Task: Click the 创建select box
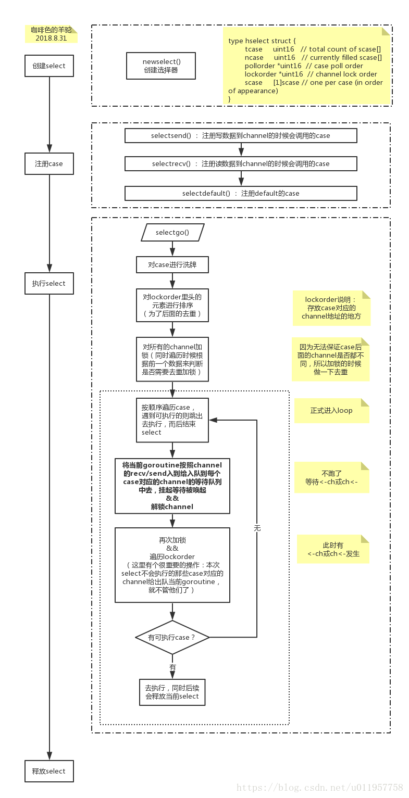pyautogui.click(x=49, y=66)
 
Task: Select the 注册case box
pyautogui.click(x=49, y=163)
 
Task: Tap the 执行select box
pyautogui.click(x=49, y=284)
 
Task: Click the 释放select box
pyautogui.click(x=49, y=771)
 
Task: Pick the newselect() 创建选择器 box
pyautogui.click(x=161, y=66)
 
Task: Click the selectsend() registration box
pyautogui.click(x=241, y=135)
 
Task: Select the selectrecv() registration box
pyautogui.click(x=241, y=163)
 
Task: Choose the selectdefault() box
pyautogui.click(x=241, y=193)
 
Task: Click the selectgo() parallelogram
pyautogui.click(x=172, y=232)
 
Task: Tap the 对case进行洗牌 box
pyautogui.click(x=172, y=264)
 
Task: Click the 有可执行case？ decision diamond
pyautogui.click(x=172, y=637)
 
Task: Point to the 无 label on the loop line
pyautogui.click(x=257, y=528)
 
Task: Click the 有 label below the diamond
pyautogui.click(x=172, y=667)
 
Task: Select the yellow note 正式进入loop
pyautogui.click(x=332, y=411)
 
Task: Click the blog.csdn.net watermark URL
pyautogui.click(x=319, y=787)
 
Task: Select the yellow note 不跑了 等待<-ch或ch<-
pyautogui.click(x=332, y=478)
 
